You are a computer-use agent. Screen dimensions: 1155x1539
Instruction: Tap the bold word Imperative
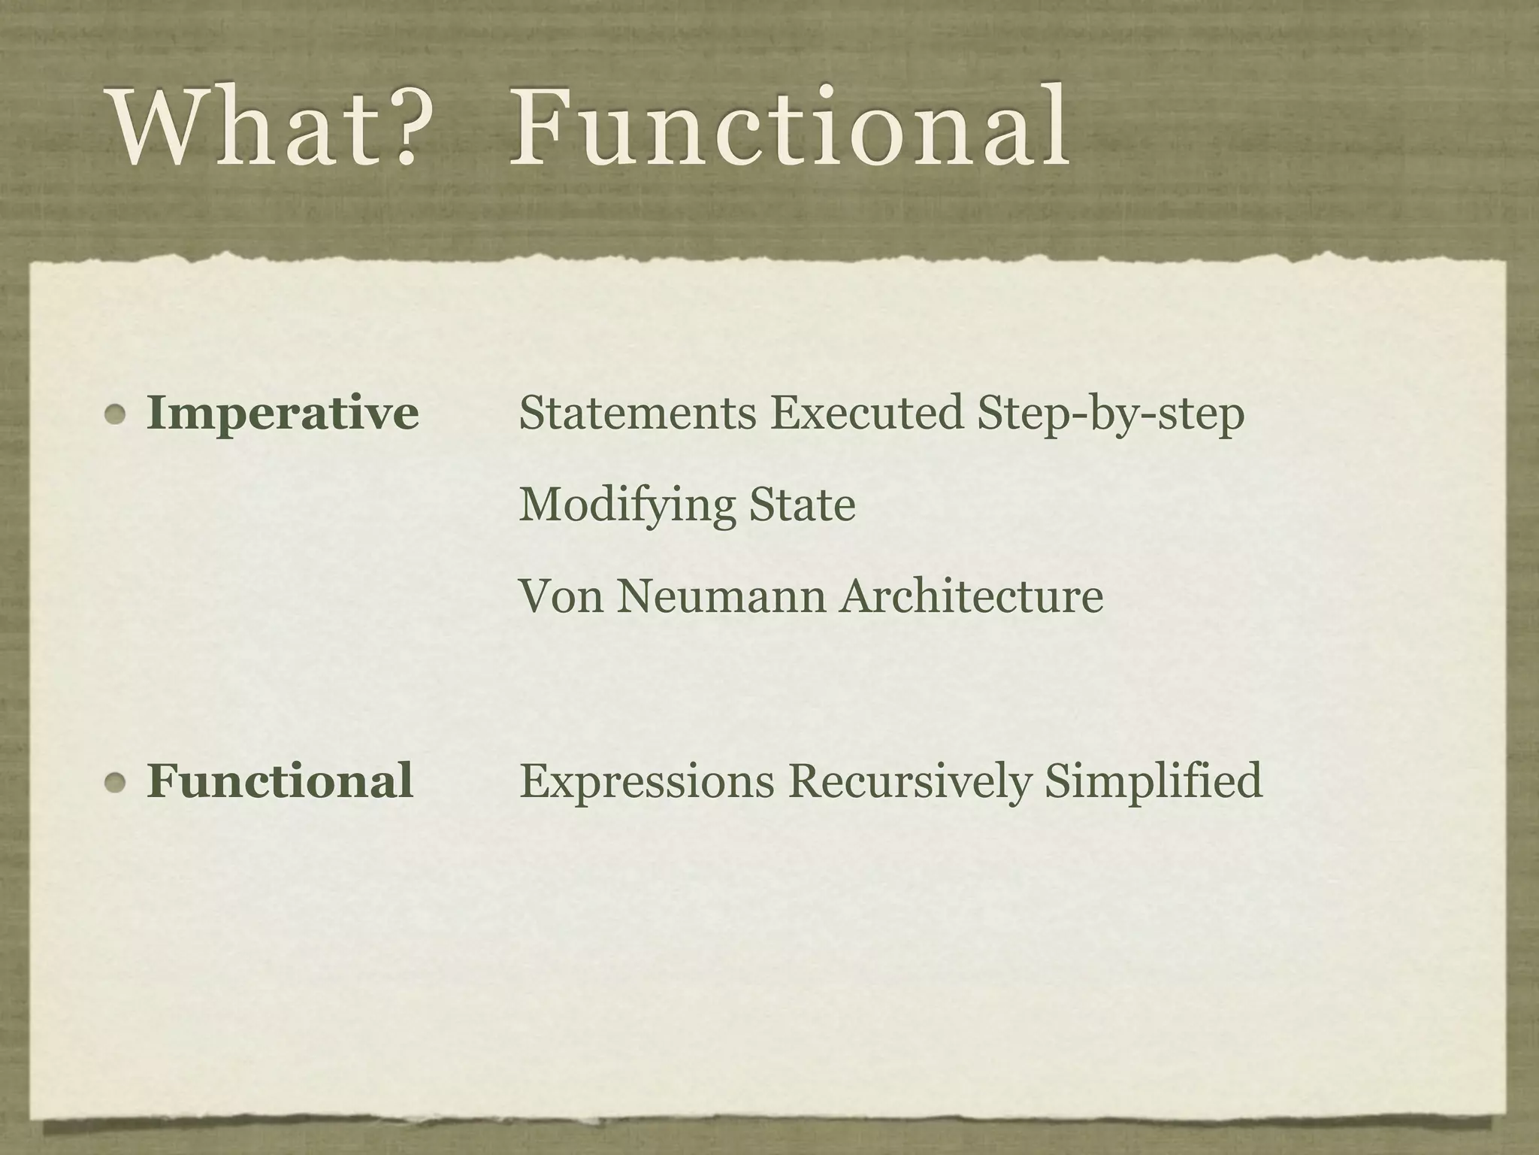point(283,414)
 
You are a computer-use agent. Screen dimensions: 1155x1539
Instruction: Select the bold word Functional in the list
point(280,780)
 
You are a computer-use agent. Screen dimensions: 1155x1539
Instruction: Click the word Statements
point(637,413)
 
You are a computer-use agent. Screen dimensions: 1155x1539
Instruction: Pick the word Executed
point(866,413)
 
